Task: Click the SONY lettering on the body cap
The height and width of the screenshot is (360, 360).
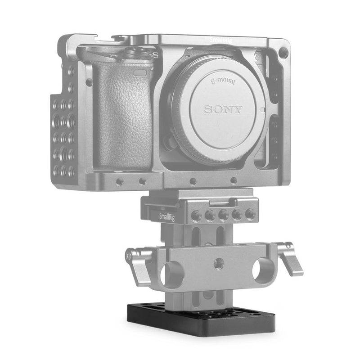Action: click(x=224, y=109)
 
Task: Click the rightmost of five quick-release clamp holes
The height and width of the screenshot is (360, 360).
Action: click(x=249, y=214)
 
